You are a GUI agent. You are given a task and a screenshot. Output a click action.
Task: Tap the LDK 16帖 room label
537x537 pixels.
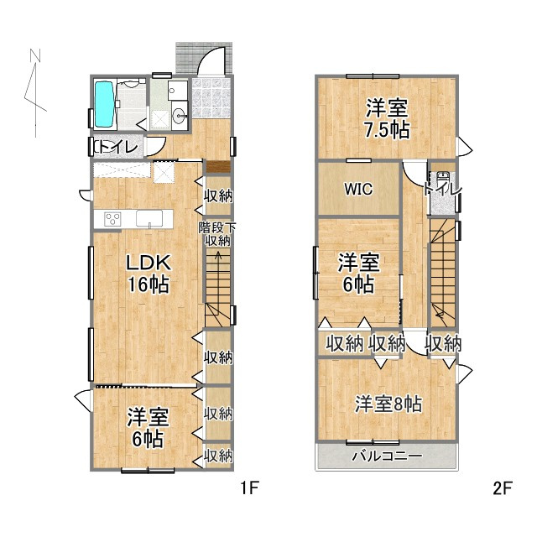148,273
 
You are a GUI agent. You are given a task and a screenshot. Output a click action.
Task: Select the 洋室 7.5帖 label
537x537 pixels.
387,118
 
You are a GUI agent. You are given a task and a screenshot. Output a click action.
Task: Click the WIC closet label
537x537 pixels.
356,190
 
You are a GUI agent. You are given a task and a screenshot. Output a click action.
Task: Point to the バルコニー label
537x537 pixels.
386,457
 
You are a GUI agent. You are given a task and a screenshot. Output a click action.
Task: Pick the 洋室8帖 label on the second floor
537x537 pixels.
387,404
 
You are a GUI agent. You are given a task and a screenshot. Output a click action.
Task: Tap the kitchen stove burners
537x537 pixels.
113,219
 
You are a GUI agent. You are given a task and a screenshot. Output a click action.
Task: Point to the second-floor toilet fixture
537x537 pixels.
441,180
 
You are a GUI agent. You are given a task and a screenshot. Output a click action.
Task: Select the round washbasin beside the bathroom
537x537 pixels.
178,116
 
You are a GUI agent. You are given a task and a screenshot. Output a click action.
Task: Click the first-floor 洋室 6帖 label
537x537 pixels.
148,427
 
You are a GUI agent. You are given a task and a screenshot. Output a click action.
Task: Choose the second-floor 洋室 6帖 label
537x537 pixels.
358,274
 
